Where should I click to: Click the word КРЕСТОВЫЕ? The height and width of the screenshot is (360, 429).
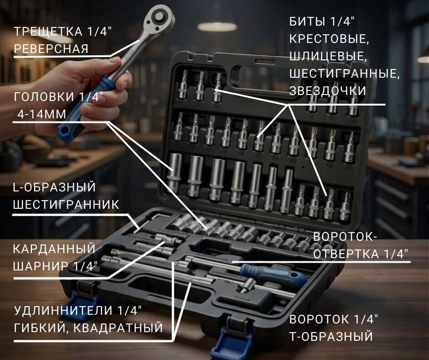tap(329, 39)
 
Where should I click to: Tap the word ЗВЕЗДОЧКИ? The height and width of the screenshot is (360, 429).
tap(328, 90)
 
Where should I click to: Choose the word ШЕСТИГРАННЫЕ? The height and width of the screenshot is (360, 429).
tap(345, 74)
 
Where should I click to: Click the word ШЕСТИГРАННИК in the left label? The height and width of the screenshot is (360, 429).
tap(66, 205)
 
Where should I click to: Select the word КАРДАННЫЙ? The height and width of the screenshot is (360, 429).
tap(54, 249)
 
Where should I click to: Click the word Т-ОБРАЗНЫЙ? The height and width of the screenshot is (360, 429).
tap(331, 337)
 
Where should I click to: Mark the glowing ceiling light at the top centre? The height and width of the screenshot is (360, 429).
tap(217, 27)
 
